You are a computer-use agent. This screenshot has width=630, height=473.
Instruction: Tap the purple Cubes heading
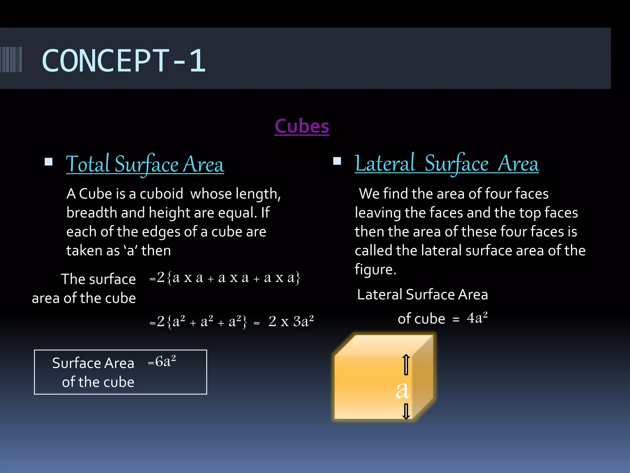coord(302,126)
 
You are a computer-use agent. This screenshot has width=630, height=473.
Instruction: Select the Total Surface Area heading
coord(145,164)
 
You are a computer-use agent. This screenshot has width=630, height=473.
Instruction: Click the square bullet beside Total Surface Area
coord(49,162)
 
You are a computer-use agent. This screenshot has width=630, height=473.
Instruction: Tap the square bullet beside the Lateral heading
coord(337,161)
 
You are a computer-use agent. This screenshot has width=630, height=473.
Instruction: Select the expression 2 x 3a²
coord(291,321)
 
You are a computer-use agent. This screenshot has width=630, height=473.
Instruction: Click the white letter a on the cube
coord(402,390)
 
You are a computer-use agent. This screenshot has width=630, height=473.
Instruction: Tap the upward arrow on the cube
coord(406,365)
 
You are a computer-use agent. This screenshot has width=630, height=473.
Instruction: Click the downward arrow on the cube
coord(406,411)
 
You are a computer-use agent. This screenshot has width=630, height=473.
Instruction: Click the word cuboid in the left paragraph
coord(161,194)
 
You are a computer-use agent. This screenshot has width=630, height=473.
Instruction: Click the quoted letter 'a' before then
coord(130,250)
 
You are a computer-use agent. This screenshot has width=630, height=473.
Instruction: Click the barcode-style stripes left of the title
coord(11,59)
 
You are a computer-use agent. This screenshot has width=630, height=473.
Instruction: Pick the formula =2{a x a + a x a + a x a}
coord(225,278)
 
